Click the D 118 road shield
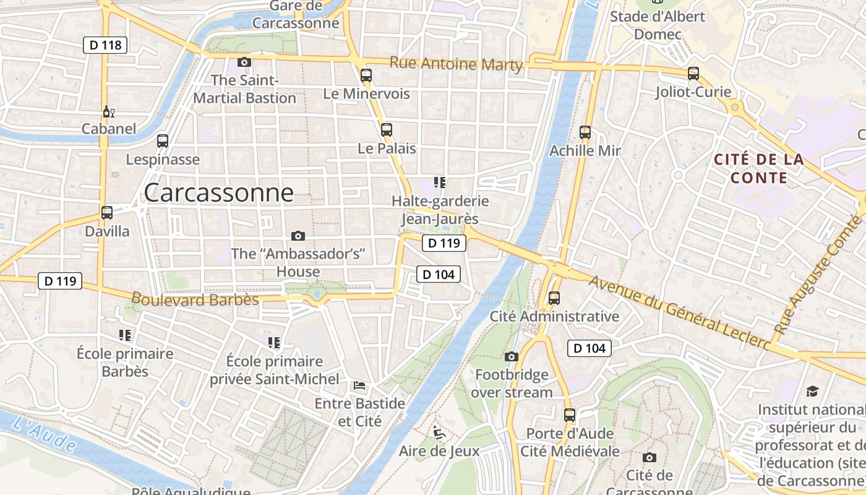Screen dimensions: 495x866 105,45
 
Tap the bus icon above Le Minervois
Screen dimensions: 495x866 366,75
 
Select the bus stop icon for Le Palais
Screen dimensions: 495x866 387,130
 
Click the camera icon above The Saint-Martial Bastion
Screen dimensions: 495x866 244,62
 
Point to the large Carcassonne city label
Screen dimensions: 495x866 218,193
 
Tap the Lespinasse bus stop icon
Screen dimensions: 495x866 163,141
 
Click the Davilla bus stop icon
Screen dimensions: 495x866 107,213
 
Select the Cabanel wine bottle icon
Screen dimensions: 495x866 108,112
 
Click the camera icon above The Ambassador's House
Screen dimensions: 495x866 298,236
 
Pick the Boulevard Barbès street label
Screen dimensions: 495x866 195,299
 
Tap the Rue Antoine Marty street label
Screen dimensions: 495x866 456,64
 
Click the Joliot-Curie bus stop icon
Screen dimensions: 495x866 693,74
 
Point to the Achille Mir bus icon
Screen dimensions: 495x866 585,132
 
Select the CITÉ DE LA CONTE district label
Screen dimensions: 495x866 759,169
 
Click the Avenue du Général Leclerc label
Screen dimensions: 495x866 680,312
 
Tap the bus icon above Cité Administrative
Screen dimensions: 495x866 554,298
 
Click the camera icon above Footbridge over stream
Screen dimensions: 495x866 511,356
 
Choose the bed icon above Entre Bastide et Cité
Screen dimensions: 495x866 359,385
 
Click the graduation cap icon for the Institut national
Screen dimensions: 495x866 812,391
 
